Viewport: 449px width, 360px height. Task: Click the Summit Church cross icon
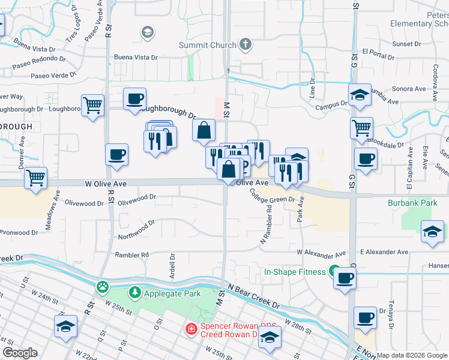(x=245, y=44)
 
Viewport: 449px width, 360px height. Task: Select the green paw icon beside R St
(x=103, y=287)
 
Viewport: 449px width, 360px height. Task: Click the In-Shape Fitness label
(x=295, y=272)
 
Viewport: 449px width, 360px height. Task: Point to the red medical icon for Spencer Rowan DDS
(x=190, y=329)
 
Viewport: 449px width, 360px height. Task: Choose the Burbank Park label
(x=412, y=203)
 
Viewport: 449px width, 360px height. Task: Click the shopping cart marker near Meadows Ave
(x=36, y=178)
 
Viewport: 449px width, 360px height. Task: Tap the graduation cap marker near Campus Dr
(x=360, y=95)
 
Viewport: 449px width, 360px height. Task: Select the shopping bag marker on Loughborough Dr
(x=204, y=130)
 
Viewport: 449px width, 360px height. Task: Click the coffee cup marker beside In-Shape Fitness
(x=345, y=278)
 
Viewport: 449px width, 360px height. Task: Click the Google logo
(x=20, y=353)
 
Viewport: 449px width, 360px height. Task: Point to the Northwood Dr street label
(x=137, y=230)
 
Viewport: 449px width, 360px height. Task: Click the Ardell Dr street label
(x=172, y=264)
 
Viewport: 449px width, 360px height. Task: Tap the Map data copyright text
(x=412, y=355)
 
